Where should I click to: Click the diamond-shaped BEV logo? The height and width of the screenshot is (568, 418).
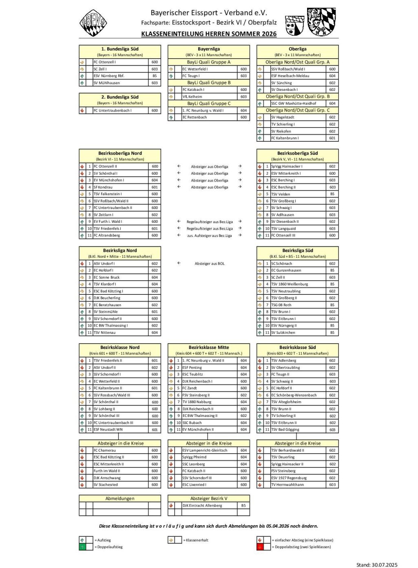(93, 23)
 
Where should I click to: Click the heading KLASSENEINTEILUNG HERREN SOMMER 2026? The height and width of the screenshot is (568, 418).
(209, 34)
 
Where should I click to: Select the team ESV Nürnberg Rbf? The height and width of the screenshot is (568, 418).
(109, 76)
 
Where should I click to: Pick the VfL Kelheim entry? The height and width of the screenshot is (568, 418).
(192, 96)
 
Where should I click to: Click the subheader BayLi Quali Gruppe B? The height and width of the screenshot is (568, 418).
(209, 83)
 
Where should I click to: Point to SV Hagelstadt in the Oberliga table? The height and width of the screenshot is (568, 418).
(283, 117)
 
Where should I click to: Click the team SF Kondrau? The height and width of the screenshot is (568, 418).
(103, 187)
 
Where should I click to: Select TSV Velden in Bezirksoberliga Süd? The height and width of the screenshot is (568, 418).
(281, 194)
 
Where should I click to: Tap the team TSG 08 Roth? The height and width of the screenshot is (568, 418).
(281, 305)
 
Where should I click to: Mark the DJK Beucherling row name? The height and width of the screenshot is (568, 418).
(107, 298)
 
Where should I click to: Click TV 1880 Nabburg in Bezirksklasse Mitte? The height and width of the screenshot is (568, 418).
(197, 402)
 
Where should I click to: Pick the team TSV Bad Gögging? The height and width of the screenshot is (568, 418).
(285, 430)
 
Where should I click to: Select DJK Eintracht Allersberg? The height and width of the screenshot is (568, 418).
(202, 505)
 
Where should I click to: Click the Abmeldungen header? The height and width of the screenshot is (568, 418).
(120, 498)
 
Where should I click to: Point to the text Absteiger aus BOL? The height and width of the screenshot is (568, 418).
(210, 263)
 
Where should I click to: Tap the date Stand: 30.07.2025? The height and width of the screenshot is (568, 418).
(377, 564)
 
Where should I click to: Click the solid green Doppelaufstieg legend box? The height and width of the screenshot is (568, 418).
(82, 547)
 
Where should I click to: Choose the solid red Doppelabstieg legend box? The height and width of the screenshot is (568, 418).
(260, 547)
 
